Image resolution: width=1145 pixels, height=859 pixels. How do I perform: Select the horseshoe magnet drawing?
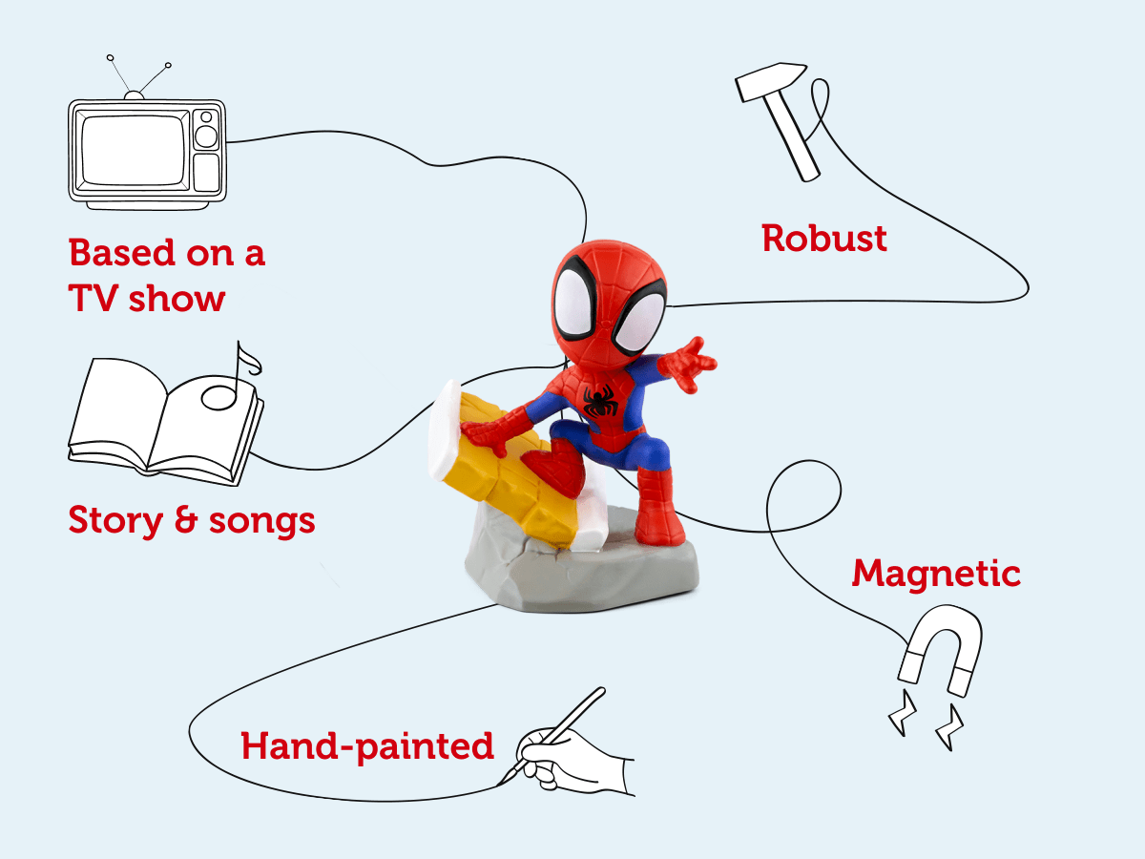pos(941,644)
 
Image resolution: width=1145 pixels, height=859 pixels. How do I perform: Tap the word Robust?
pos(824,238)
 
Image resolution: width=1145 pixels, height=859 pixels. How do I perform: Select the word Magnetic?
pos(936,574)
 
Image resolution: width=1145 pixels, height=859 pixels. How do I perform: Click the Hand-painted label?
pos(367,745)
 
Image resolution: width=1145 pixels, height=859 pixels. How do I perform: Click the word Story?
pos(113,520)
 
